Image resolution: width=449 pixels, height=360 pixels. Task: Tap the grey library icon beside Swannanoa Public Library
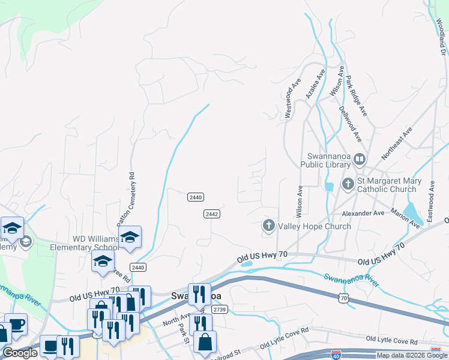tap(360, 160)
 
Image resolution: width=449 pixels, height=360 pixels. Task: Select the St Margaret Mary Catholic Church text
tap(387, 185)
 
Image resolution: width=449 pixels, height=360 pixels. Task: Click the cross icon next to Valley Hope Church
tap(268, 226)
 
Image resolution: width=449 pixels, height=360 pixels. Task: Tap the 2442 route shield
tap(211, 214)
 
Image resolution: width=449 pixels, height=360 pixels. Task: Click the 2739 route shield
tap(219, 309)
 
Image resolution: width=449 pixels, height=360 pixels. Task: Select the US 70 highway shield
tap(343, 298)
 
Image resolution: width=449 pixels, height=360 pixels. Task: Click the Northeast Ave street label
tap(397, 142)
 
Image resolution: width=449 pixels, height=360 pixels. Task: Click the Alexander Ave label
tap(363, 213)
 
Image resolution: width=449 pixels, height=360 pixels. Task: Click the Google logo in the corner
tap(20, 353)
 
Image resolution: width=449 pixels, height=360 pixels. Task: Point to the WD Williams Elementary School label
tap(96, 243)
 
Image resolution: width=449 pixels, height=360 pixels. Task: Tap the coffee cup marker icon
tap(16, 323)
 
